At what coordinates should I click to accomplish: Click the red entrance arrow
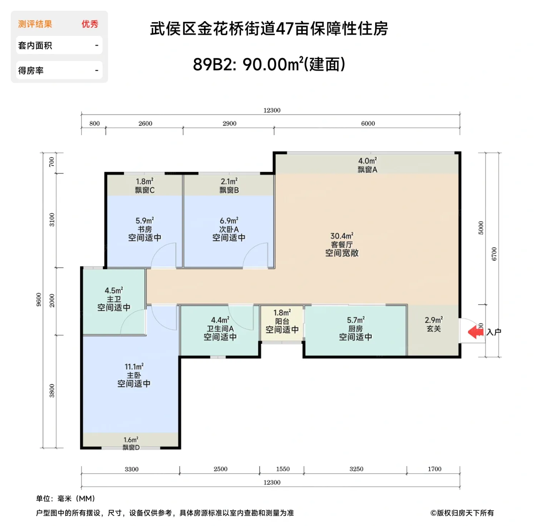(x=476, y=332)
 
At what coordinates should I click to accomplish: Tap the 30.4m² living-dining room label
(x=342, y=245)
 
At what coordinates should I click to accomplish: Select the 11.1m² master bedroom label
(x=134, y=375)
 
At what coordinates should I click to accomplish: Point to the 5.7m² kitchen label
(x=355, y=329)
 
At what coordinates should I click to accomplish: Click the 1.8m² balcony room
(x=282, y=322)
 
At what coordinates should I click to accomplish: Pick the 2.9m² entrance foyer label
(x=433, y=324)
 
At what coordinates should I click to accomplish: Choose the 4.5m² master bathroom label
(x=114, y=299)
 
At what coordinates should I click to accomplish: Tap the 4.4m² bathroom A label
(x=220, y=329)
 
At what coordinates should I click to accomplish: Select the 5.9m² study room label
(x=144, y=229)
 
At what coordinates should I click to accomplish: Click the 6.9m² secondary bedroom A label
(x=229, y=229)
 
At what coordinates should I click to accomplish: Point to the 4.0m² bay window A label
(x=367, y=165)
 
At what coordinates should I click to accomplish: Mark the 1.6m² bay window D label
(x=131, y=443)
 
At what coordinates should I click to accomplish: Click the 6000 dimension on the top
(x=368, y=124)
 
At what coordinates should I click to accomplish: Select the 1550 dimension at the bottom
(x=283, y=469)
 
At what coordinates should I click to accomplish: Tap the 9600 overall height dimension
(x=39, y=299)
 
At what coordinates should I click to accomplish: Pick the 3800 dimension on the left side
(x=52, y=391)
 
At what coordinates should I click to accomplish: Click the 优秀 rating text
(x=90, y=24)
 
